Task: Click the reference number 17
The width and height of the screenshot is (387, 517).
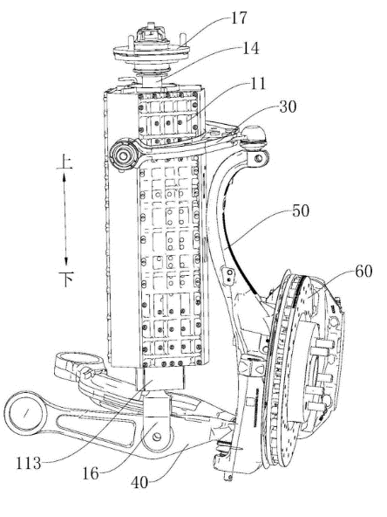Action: (x=239, y=17)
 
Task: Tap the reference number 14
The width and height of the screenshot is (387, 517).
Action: (x=251, y=48)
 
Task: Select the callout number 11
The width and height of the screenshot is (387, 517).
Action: (x=258, y=84)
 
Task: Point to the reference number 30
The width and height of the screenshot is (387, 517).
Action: (x=288, y=107)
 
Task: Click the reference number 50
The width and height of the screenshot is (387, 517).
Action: (x=301, y=210)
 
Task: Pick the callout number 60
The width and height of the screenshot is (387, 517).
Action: (x=363, y=272)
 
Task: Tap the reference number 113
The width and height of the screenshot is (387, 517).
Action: (x=29, y=463)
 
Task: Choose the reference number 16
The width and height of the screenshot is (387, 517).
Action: (x=90, y=474)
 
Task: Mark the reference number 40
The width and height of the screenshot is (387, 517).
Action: (x=139, y=483)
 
